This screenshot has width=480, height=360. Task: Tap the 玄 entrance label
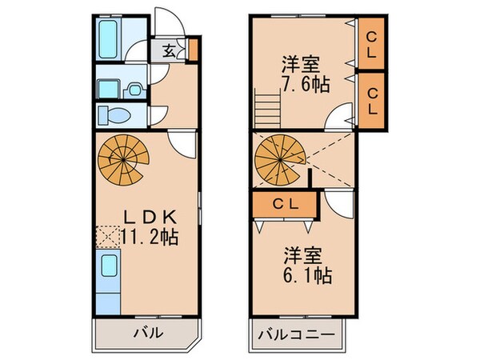coord(170,51)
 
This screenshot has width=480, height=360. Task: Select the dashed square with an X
coord(106,235)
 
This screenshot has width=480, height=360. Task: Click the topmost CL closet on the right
coord(372,42)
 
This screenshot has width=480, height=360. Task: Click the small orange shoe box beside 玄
coord(191,51)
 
